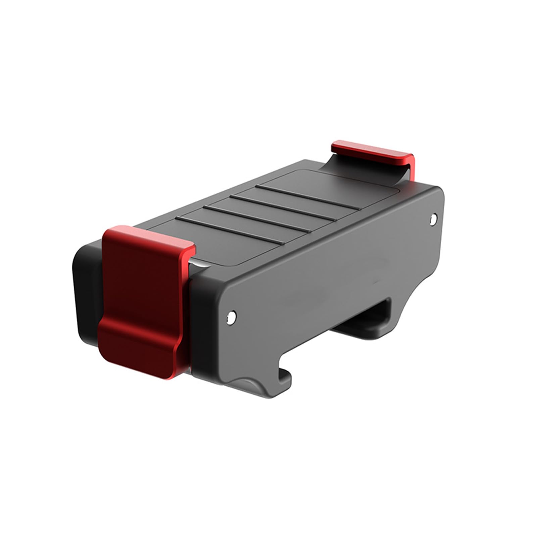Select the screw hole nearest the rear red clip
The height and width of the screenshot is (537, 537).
coord(434,218)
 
